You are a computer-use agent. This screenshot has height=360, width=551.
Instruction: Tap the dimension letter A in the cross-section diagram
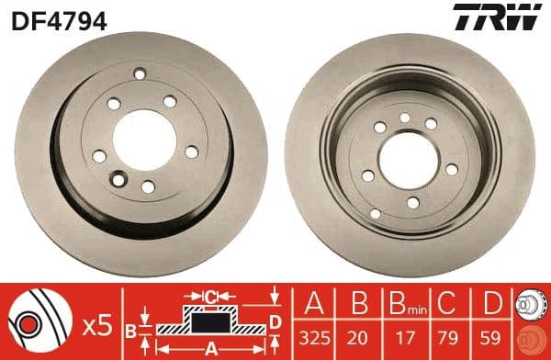210,349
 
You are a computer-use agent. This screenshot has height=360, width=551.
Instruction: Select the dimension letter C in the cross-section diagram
210,297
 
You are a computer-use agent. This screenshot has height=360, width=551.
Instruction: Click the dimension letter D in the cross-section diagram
275,321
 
